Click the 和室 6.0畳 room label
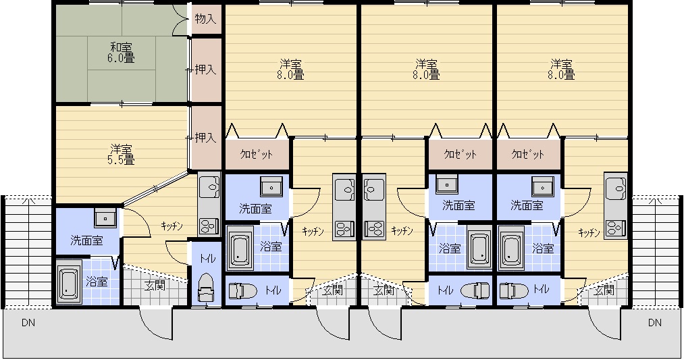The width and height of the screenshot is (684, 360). pyautogui.click(x=121, y=52)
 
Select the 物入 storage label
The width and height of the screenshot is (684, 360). pyautogui.click(x=205, y=19)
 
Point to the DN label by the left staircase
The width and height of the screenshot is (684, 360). pyautogui.click(x=28, y=323)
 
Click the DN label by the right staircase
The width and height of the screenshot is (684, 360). pyautogui.click(x=654, y=323)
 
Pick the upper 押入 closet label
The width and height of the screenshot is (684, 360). pyautogui.click(x=205, y=70)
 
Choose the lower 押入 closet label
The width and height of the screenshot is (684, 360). pyautogui.click(x=205, y=138)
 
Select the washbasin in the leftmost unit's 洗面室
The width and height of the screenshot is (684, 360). pyautogui.click(x=105, y=217)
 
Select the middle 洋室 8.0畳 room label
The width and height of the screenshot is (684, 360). pyautogui.click(x=426, y=69)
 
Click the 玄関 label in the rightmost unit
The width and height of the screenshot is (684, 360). pyautogui.click(x=604, y=290)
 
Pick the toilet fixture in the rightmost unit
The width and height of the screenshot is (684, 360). pyautogui.click(x=515, y=290)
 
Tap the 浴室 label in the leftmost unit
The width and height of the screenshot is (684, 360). pyautogui.click(x=97, y=282)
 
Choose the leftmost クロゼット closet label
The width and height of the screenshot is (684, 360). pyautogui.click(x=257, y=154)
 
